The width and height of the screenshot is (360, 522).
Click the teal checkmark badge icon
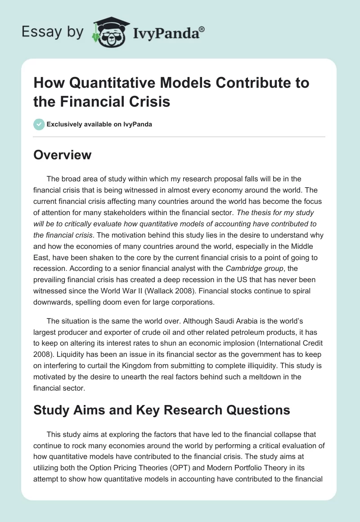point(39,124)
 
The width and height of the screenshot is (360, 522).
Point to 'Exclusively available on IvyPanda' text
point(99,124)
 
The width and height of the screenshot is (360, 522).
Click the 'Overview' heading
point(63,155)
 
